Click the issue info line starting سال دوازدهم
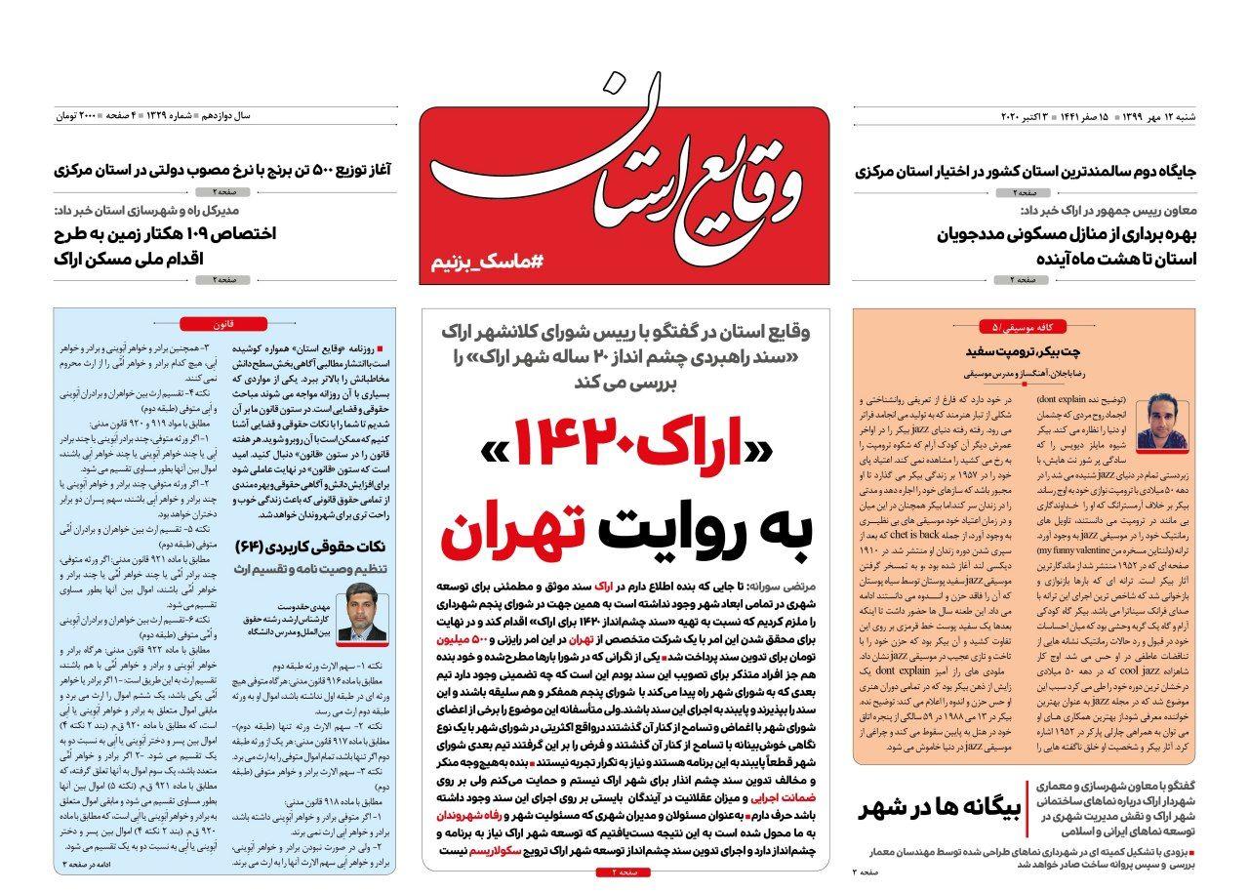[x=153, y=116]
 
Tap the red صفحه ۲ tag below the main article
[x=623, y=872]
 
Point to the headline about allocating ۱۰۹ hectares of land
[x=165, y=246]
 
